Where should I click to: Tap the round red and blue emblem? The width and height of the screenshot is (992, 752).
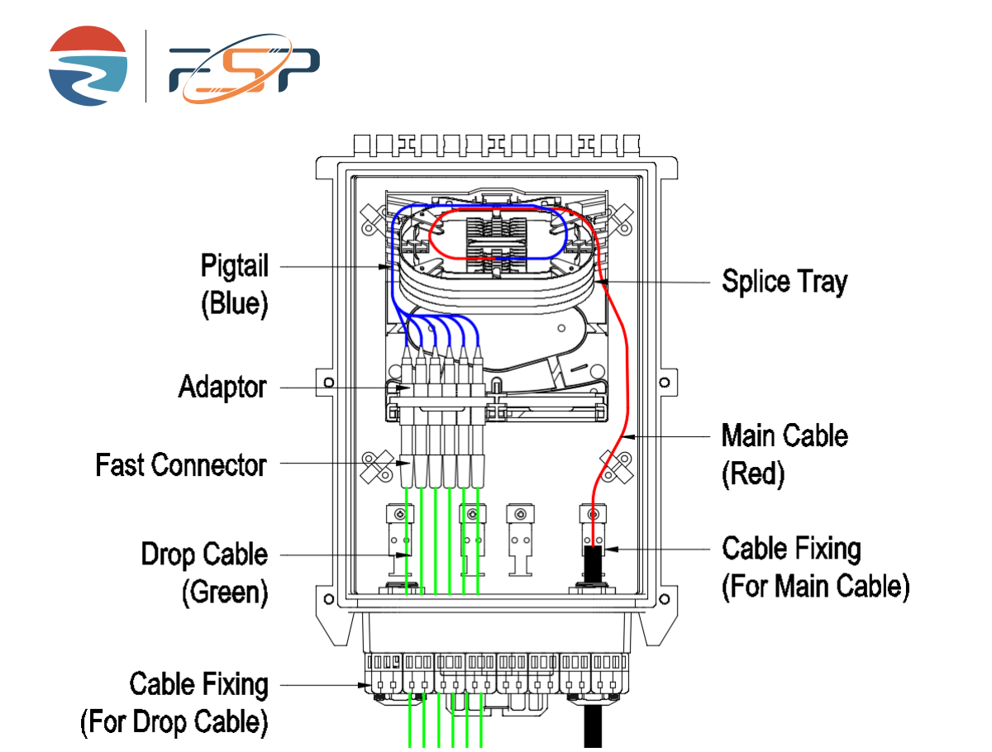(88, 66)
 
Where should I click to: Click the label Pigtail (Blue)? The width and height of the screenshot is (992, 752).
(235, 284)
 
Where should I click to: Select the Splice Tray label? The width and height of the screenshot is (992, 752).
(785, 282)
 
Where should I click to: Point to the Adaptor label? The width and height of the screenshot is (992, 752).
(222, 387)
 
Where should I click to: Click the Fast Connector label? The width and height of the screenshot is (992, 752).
(181, 464)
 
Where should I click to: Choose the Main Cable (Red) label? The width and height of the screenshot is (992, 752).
(785, 454)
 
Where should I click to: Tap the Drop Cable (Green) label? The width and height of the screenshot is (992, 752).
(204, 574)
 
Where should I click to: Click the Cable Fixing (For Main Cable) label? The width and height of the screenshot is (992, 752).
(815, 567)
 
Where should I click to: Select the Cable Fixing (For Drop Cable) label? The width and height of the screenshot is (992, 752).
(175, 703)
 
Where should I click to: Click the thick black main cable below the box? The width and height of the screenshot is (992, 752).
(593, 727)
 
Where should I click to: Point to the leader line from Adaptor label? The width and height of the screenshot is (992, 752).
(339, 387)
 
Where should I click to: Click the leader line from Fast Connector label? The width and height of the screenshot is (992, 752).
(339, 464)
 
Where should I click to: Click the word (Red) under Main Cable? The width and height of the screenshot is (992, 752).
(753, 474)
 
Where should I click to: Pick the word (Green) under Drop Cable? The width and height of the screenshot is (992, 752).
(225, 593)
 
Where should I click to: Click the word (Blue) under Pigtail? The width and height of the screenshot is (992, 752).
(235, 303)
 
